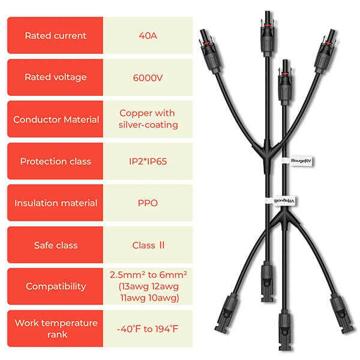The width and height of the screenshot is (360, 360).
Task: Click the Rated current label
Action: pyautogui.click(x=55, y=35)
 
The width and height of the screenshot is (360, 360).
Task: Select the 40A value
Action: pyautogui.click(x=148, y=35)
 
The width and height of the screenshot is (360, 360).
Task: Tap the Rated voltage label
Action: pyautogui.click(x=55, y=77)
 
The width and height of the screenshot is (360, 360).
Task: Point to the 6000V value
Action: pyautogui.click(x=148, y=77)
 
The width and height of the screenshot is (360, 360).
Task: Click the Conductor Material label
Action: pyautogui.click(x=56, y=119)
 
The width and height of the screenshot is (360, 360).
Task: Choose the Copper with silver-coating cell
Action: pyautogui.click(x=148, y=119)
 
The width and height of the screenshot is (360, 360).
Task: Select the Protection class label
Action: pyautogui.click(x=55, y=161)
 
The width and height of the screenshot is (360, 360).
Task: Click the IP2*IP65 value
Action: pyautogui.click(x=148, y=161)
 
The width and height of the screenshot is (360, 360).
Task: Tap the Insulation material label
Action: pyautogui.click(x=55, y=203)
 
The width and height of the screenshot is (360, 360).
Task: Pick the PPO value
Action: pyautogui.click(x=148, y=203)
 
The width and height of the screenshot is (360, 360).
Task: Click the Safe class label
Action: pyautogui.click(x=55, y=245)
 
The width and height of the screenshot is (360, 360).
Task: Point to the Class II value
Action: pyautogui.click(x=148, y=245)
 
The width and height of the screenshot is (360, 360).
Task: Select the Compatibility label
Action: pyautogui.click(x=55, y=286)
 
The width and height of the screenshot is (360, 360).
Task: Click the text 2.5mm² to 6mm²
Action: pyautogui.click(x=148, y=274)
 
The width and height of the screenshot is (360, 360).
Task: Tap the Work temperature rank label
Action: pyautogui.click(x=55, y=328)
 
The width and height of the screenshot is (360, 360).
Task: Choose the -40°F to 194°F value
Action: pyautogui.click(x=148, y=328)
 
